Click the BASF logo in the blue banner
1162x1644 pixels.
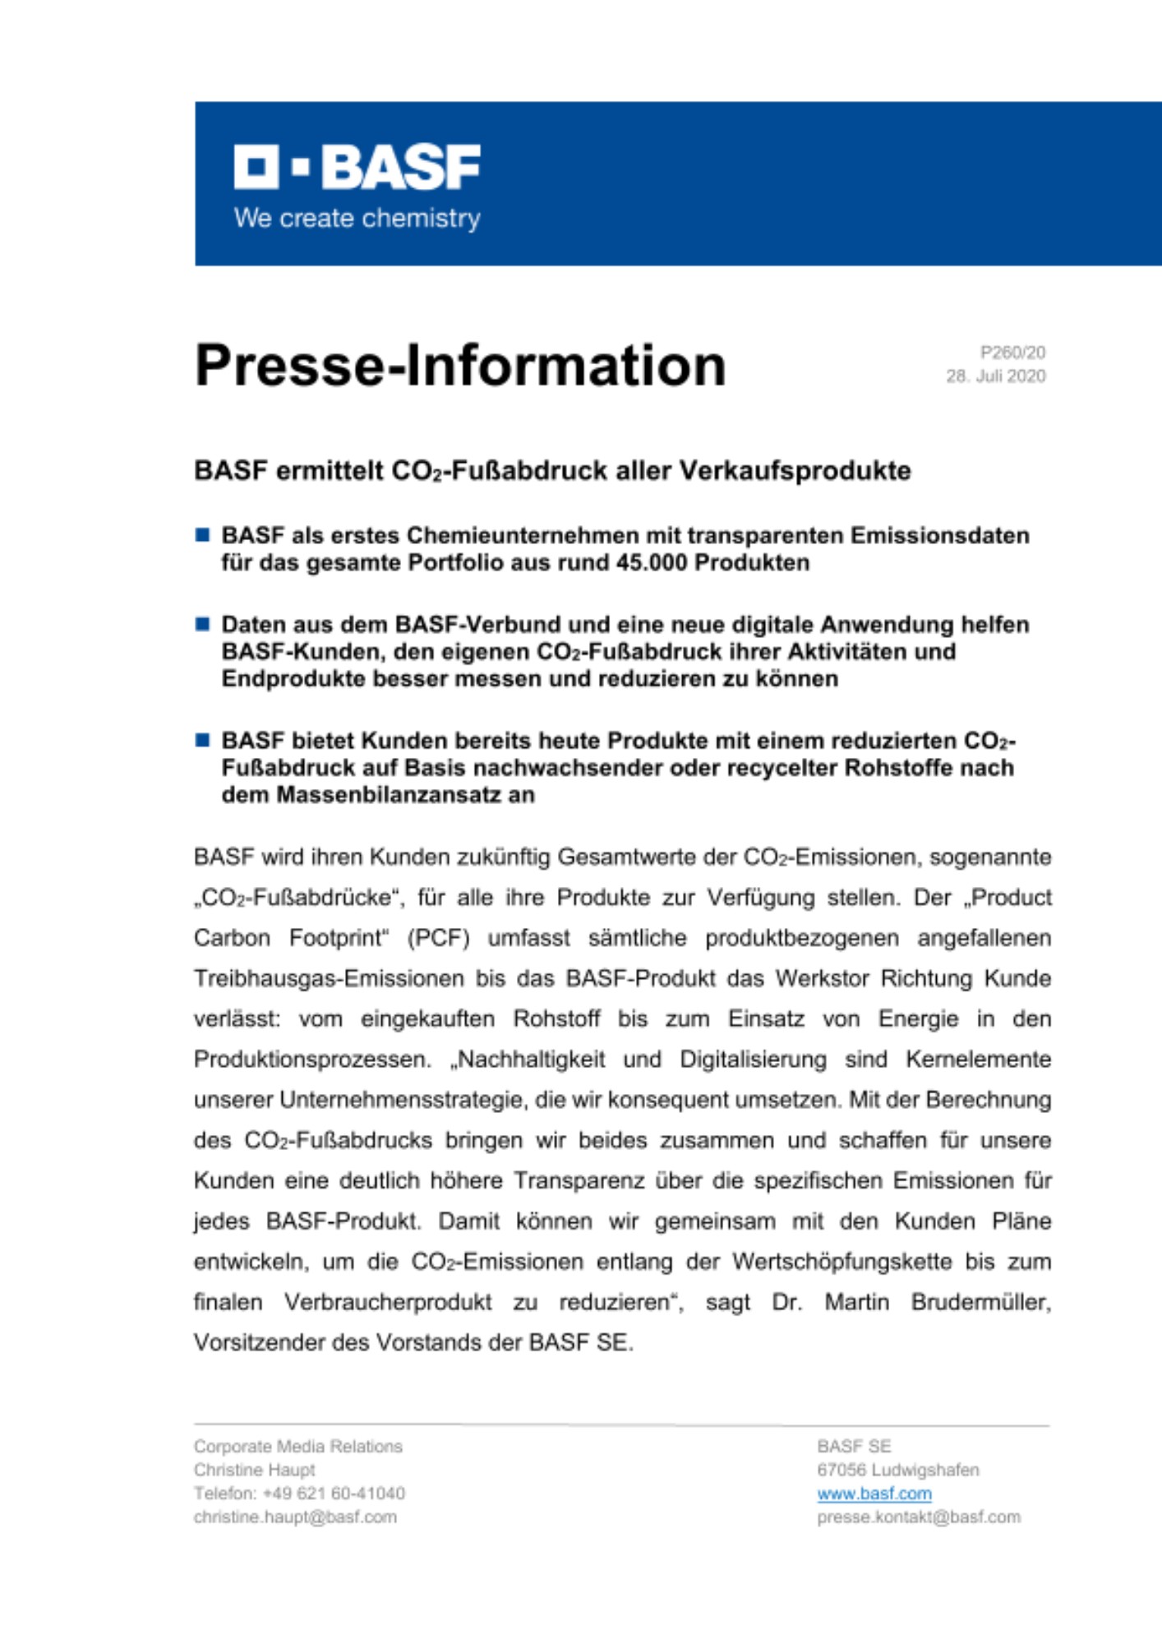(357, 167)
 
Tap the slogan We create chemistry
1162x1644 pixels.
(357, 219)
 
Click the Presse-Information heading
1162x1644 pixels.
(460, 365)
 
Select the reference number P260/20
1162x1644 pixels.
(1012, 353)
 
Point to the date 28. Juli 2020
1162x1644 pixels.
(995, 376)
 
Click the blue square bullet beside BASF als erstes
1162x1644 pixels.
(202, 535)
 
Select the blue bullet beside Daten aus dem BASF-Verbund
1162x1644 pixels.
(202, 624)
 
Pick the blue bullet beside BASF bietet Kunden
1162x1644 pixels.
(202, 740)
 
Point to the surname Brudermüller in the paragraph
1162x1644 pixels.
(980, 1302)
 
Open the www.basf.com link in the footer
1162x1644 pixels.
(874, 1494)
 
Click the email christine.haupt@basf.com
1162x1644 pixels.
(295, 1517)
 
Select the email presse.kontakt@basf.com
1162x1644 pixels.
(918, 1517)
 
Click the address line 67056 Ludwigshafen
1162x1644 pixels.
(897, 1470)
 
